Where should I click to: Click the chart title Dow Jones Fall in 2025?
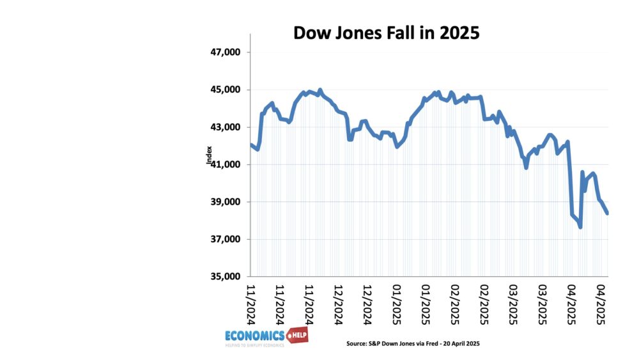coord(386,33)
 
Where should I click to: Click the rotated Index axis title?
coord(209,156)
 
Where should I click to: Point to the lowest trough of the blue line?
coord(580,227)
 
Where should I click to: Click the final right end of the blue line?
coord(607,214)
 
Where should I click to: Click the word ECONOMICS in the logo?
coord(254,336)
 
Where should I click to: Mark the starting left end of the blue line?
coord(251,145)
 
